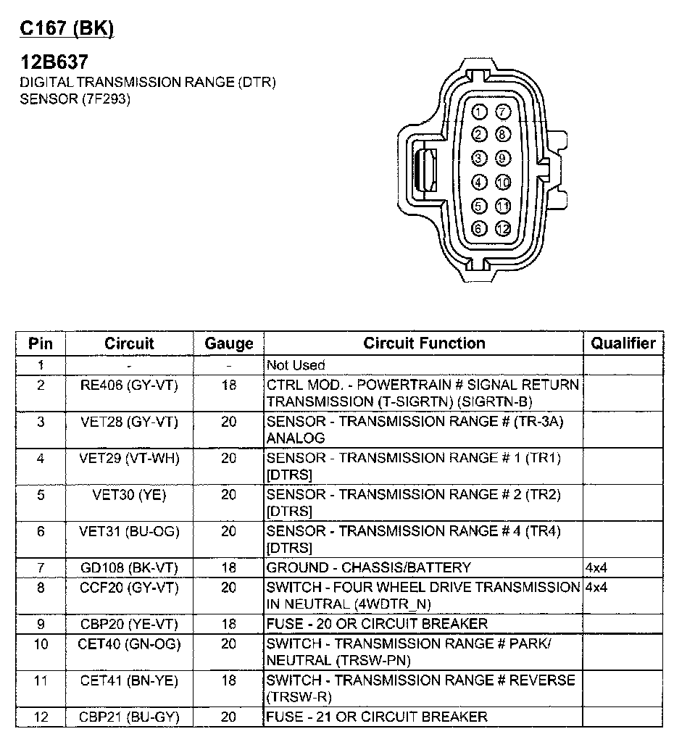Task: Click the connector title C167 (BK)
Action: tap(67, 29)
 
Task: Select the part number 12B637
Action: tap(54, 62)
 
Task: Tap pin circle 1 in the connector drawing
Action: tap(479, 112)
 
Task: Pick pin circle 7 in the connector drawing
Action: tap(502, 112)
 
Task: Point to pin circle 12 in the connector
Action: tap(503, 229)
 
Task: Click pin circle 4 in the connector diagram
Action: tap(479, 182)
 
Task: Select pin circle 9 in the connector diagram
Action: tap(502, 158)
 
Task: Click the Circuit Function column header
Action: tap(424, 343)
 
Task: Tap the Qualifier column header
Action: tap(623, 343)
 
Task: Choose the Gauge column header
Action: tap(229, 343)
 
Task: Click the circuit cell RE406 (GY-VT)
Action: tap(129, 385)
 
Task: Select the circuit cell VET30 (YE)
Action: tap(129, 495)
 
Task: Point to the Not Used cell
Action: tap(296, 365)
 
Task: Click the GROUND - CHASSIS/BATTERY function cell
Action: tap(369, 567)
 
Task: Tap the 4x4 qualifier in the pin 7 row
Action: tap(596, 567)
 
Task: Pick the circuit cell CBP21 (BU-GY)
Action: tap(129, 717)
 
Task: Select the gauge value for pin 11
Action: tap(229, 681)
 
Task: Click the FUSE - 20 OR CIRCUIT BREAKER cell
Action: tap(377, 624)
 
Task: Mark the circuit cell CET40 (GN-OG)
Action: tap(129, 643)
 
